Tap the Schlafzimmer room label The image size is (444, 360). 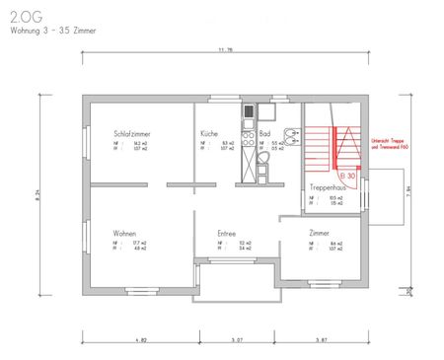pyautogui.click(x=133, y=133)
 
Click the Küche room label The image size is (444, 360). pyautogui.click(x=208, y=133)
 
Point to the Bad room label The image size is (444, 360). pyautogui.click(x=264, y=133)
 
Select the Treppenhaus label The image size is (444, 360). pyautogui.click(x=326, y=186)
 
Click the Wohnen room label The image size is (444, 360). pyautogui.click(x=124, y=233)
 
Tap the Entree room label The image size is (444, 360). pyautogui.click(x=227, y=233)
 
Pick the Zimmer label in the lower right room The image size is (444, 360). pyautogui.click(x=320, y=233)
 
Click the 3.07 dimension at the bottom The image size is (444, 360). pyautogui.click(x=237, y=338)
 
